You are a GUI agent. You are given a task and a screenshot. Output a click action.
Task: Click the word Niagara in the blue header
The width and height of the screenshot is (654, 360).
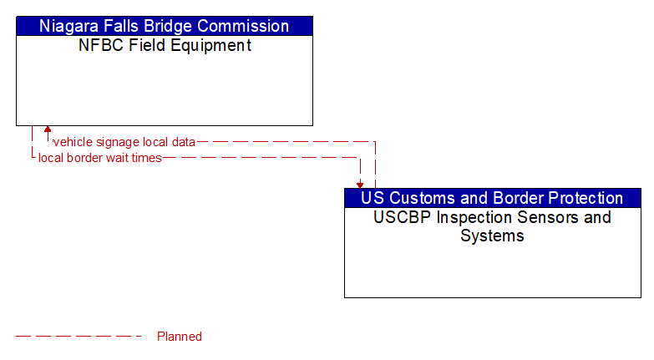(68, 26)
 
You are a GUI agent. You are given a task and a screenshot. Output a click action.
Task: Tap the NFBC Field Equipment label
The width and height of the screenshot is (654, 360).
(165, 46)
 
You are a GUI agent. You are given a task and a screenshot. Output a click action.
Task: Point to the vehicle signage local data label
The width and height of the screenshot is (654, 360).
(124, 142)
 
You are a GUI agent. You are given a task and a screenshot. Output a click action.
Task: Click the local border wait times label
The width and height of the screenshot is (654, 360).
(100, 158)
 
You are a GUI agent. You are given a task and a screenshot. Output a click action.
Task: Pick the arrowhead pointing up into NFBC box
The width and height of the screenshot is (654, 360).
(48, 130)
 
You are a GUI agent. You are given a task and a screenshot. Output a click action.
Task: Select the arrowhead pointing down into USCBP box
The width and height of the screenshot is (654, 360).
(360, 184)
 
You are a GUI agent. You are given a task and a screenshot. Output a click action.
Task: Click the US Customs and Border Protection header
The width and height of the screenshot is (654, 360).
(492, 198)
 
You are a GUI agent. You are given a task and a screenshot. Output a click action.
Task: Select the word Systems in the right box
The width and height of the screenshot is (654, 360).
(492, 236)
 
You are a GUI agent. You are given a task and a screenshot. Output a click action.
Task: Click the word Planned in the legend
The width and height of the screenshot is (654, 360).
(180, 337)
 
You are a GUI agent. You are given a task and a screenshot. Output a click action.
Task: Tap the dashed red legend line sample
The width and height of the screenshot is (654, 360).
(79, 337)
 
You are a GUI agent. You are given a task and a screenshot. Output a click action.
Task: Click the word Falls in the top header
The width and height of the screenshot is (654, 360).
(120, 26)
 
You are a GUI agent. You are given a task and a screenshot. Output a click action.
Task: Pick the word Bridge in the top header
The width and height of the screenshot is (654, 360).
(173, 26)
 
